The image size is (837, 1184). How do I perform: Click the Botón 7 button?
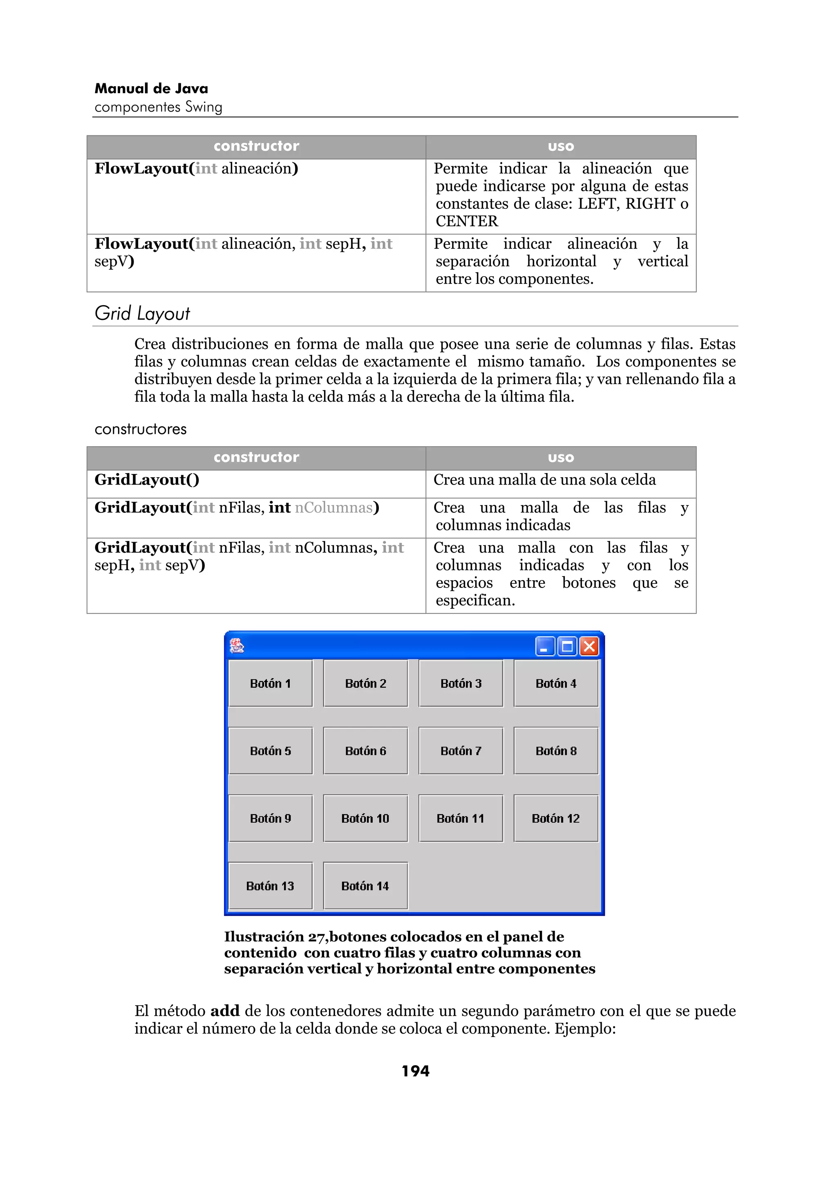[461, 751]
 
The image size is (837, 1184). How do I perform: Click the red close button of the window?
[589, 646]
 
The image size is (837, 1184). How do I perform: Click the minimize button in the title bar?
[545, 646]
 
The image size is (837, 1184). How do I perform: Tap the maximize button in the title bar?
[567, 646]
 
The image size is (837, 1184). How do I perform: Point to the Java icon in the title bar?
[237, 646]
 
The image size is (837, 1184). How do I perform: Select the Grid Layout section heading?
[142, 313]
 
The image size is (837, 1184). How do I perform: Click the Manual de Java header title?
[151, 89]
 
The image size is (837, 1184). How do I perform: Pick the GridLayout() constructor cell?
[147, 480]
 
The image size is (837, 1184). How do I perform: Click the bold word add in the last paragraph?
[225, 1011]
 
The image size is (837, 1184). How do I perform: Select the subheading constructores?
[140, 429]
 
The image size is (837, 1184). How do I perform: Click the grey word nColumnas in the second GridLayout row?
[333, 508]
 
